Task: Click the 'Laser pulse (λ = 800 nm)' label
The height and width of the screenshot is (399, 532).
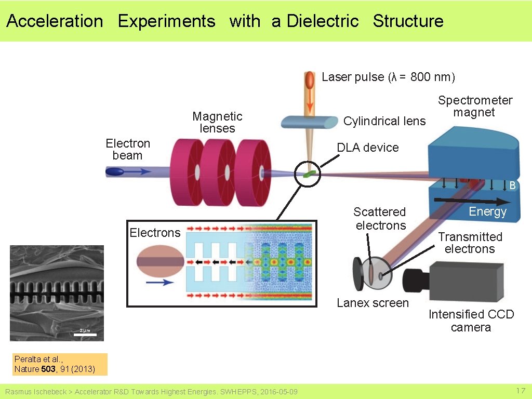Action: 388,77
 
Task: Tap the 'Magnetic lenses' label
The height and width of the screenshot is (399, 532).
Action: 217,122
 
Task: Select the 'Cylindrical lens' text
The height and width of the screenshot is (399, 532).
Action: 384,121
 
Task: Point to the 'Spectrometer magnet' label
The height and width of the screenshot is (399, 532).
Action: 475,106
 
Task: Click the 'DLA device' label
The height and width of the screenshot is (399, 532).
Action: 367,148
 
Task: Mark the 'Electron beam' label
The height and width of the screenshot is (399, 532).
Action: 127,149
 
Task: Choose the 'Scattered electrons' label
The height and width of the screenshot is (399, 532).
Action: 380,219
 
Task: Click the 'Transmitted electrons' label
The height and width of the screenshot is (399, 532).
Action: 470,243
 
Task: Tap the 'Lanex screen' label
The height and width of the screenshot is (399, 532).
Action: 373,303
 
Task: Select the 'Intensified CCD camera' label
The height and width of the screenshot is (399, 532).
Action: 471,321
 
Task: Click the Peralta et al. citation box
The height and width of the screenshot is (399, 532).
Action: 60,364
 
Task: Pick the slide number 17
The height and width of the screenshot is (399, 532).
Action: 521,391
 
